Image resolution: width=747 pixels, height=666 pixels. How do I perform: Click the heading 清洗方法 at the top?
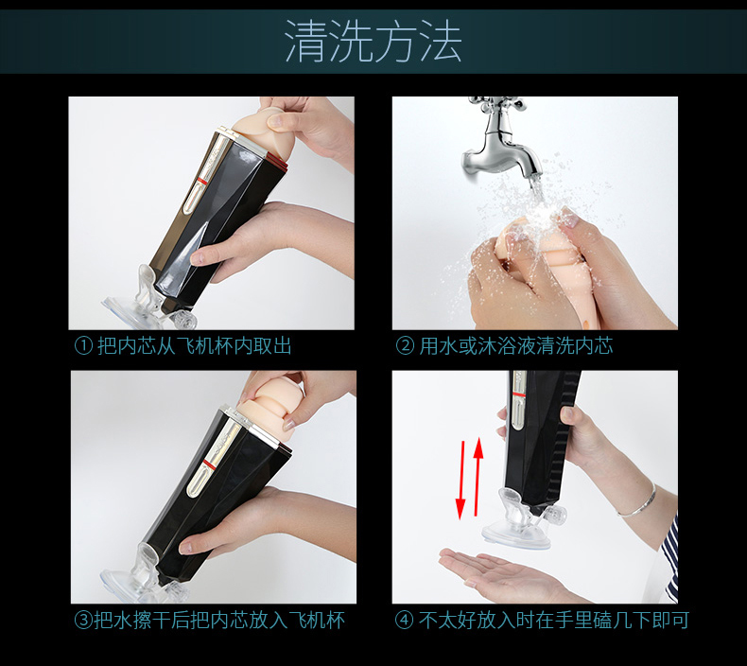tap(373, 41)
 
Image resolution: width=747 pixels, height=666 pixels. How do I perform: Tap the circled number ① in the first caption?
tap(83, 345)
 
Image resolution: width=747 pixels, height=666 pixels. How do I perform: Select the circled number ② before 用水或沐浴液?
tap(405, 345)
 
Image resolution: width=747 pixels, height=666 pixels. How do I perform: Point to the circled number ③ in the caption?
tap(83, 621)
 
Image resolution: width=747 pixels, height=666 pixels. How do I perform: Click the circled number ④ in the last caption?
tap(405, 621)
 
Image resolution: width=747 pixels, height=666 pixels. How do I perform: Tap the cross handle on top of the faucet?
tap(495, 102)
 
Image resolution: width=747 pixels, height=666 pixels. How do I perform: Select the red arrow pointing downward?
tap(460, 480)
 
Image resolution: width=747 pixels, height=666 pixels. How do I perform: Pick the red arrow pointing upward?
tap(478, 476)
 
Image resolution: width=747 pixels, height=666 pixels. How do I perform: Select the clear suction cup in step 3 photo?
tap(138, 577)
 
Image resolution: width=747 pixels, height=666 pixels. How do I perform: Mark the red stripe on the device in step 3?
tap(208, 464)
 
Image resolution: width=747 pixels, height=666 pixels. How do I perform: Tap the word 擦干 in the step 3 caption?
tap(142, 621)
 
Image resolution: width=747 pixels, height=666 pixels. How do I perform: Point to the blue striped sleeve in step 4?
tap(670, 558)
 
